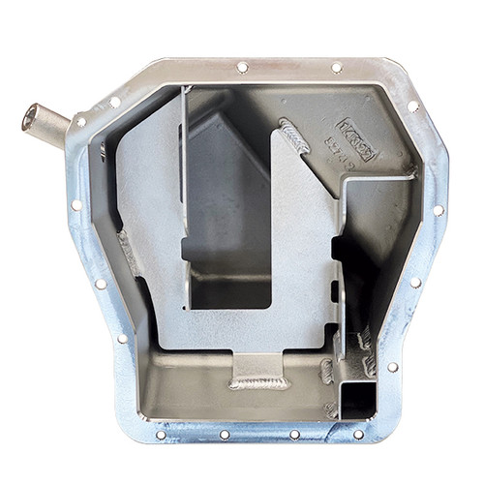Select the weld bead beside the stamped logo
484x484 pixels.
pos(293,136)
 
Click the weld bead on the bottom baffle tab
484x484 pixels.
pos(258,382)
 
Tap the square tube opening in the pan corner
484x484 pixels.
pos(356,398)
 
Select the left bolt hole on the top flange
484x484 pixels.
pos(242,67)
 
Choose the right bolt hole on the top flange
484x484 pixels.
pos(336,68)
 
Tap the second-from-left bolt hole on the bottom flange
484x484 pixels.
pos(226,436)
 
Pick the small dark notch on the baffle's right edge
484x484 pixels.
pos(338,290)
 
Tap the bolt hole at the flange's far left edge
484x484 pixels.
pos(76,205)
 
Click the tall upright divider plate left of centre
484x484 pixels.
pos(184,194)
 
